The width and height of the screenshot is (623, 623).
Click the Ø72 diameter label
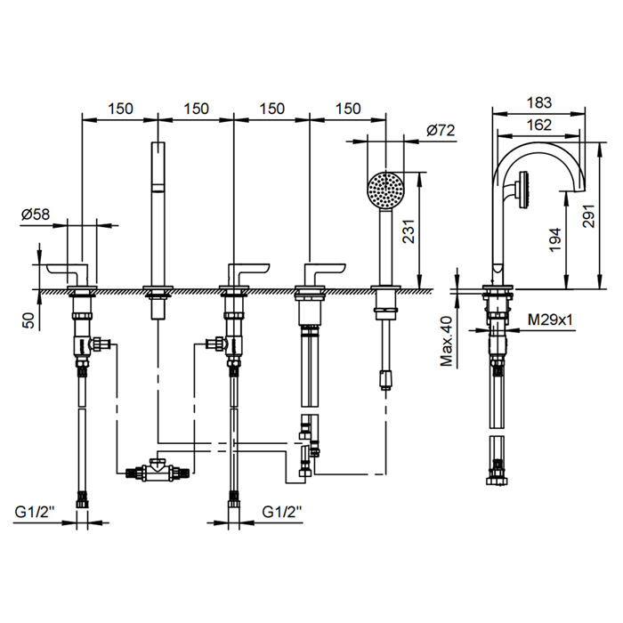(x=441, y=130)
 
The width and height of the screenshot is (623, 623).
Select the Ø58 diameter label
(x=36, y=214)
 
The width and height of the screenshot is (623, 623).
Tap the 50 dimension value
(x=28, y=320)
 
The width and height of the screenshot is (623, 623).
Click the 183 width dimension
(x=538, y=103)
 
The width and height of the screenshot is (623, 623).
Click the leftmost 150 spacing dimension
(x=120, y=109)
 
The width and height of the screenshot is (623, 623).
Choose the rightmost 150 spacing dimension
(x=348, y=109)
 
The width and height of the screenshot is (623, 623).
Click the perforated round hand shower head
(x=385, y=189)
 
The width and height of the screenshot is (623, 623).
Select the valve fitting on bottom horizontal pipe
(x=157, y=469)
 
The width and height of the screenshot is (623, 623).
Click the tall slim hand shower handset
(x=158, y=214)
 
